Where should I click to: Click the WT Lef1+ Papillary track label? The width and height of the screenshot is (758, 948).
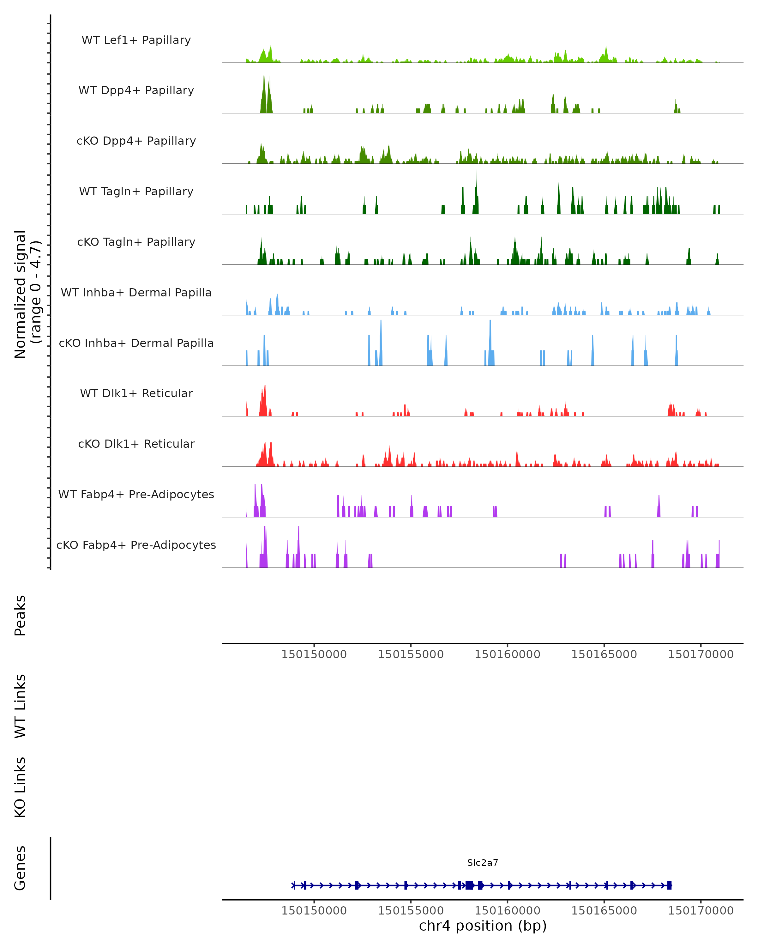point(136,40)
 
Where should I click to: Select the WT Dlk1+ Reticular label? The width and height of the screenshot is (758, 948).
point(136,393)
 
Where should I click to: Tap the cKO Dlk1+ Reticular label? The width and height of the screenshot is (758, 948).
point(136,444)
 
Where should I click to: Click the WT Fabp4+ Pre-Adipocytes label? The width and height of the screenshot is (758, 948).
point(136,494)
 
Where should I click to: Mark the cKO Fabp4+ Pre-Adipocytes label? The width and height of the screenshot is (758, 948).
point(136,545)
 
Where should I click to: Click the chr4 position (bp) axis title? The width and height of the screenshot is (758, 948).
point(483,926)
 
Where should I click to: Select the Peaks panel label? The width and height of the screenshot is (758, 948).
point(20,615)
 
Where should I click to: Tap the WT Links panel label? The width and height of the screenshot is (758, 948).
point(20,706)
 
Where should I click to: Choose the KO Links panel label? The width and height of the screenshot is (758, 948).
point(20,787)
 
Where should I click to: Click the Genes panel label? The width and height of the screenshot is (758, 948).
point(20,868)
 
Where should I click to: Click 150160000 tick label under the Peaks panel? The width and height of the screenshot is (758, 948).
point(507,654)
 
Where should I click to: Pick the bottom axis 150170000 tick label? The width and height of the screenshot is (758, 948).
point(701,911)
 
